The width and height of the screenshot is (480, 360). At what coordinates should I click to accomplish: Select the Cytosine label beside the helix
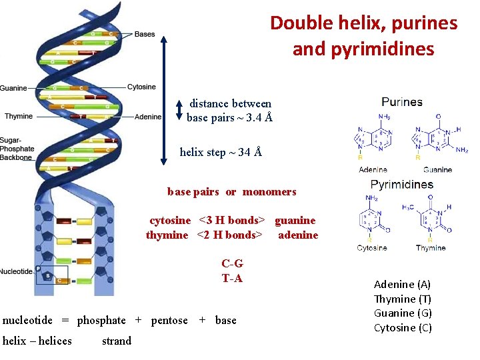coord(141,87)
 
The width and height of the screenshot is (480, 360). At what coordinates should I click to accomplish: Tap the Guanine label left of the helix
coord(13,88)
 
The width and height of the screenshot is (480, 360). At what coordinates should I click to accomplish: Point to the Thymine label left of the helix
coord(19,117)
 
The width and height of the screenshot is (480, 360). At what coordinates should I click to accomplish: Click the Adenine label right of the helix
coord(148,117)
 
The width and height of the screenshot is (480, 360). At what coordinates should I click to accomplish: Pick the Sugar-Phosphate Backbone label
coord(17,149)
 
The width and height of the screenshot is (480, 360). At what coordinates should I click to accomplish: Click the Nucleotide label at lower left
coord(16,271)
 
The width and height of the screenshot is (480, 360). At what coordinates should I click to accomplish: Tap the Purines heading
coord(402,102)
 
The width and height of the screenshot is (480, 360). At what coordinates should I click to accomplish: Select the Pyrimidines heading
coord(401,185)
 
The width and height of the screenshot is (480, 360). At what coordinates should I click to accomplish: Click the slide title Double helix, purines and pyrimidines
coord(363,36)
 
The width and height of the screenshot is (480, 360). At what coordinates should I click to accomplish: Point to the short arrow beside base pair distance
coord(179,110)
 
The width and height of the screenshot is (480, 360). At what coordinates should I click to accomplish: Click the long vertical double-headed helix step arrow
coord(164,100)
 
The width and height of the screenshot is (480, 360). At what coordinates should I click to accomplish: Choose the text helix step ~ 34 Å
coord(221,152)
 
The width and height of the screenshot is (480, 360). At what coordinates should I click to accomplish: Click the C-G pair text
coord(232,263)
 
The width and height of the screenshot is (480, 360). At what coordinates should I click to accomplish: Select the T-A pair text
coord(232,278)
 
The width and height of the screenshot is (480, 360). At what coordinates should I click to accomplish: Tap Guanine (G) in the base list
coord(403,313)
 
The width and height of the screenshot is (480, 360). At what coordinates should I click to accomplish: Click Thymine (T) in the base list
coord(403,299)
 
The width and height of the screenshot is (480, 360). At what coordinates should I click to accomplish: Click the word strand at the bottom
coord(117,341)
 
